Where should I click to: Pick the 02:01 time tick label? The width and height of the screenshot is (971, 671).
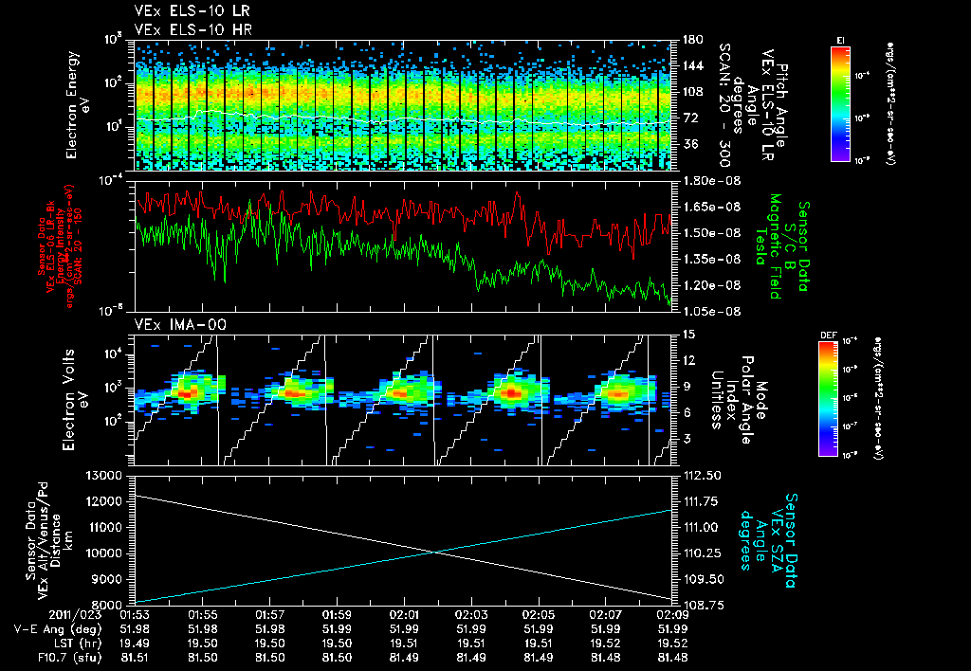click(x=405, y=615)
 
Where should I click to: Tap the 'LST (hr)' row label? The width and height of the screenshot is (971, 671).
click(x=68, y=642)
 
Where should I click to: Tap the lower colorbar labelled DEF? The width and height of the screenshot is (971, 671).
click(x=839, y=399)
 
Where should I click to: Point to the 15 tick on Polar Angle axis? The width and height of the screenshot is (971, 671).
click(x=688, y=334)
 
